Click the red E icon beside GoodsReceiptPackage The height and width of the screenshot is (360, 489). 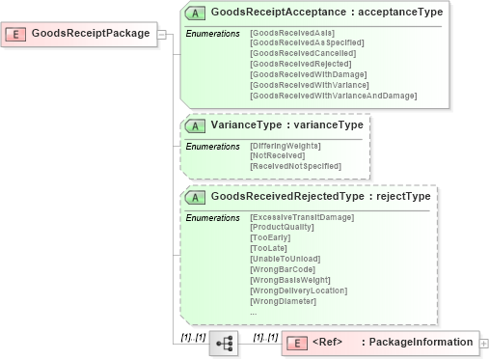(x=16, y=34)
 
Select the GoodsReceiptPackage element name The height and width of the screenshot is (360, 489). (x=91, y=34)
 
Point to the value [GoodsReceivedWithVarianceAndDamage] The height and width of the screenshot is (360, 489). (x=333, y=96)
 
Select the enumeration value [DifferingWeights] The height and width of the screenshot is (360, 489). (x=285, y=146)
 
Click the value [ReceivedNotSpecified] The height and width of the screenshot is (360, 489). (x=295, y=166)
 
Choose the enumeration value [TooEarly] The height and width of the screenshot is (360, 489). (x=269, y=238)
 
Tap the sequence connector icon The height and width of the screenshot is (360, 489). (x=224, y=343)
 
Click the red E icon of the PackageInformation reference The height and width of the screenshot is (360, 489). (x=298, y=343)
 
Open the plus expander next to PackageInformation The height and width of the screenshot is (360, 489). (x=483, y=343)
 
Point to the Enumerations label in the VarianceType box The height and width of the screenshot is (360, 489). (x=212, y=146)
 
